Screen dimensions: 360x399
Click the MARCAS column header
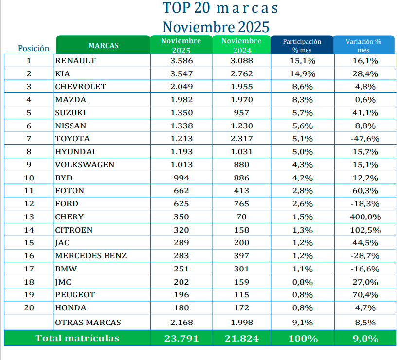(103, 46)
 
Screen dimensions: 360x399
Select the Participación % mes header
(302, 46)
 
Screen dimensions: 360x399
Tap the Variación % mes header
(363, 46)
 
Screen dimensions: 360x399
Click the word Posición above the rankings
(34, 48)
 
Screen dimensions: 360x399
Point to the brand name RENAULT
(75, 61)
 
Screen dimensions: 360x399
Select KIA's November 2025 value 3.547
(181, 74)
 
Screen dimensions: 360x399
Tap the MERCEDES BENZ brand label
(91, 256)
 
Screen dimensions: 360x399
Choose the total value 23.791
(181, 339)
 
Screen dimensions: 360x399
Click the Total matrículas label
(77, 339)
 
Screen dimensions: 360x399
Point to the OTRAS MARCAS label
(88, 322)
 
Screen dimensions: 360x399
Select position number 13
(29, 217)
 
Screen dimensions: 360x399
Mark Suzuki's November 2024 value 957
(241, 113)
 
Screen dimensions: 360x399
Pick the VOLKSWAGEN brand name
(85, 165)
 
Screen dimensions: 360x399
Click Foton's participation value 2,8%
(302, 191)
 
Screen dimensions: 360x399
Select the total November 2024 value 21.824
(242, 339)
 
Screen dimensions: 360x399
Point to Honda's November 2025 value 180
(181, 308)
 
